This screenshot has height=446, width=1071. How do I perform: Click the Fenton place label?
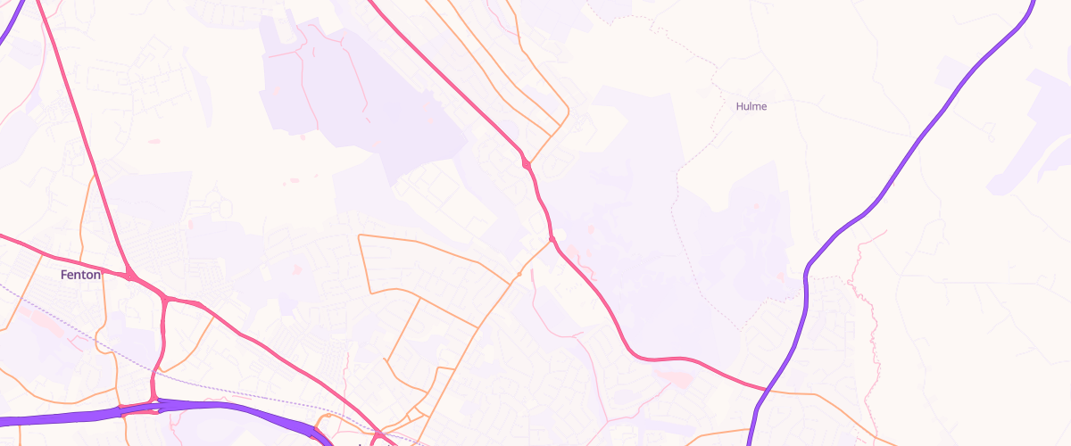[x=79, y=275]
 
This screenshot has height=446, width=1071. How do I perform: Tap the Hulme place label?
[x=751, y=106]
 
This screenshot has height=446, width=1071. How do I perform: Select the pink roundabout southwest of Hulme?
[x=527, y=164]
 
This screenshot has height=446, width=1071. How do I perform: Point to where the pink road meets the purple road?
[x=766, y=391]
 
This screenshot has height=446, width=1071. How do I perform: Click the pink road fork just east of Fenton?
[x=131, y=275]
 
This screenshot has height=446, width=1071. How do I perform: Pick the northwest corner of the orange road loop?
[x=360, y=235]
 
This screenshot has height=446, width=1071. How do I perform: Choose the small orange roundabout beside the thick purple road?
[x=328, y=416]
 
